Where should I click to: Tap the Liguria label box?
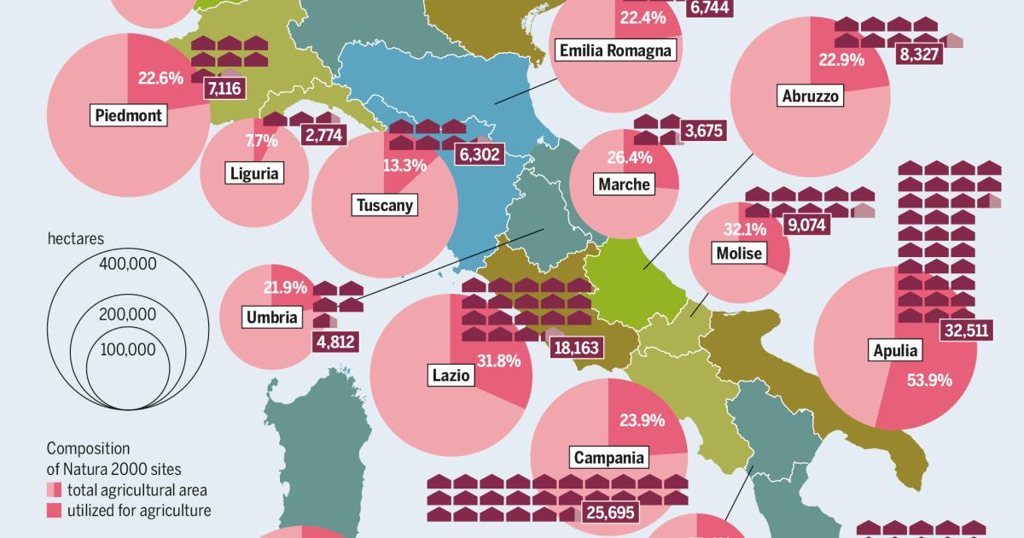click(x=255, y=174)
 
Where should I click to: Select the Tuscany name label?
click(x=384, y=205)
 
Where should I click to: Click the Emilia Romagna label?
click(x=615, y=50)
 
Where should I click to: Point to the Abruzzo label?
click(x=812, y=95)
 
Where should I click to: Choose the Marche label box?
click(x=624, y=184)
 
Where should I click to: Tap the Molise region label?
click(x=739, y=254)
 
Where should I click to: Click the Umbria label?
click(x=272, y=318)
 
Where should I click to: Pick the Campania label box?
click(x=608, y=458)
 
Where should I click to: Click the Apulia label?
click(x=895, y=350)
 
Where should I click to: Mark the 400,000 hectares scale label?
click(x=127, y=264)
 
